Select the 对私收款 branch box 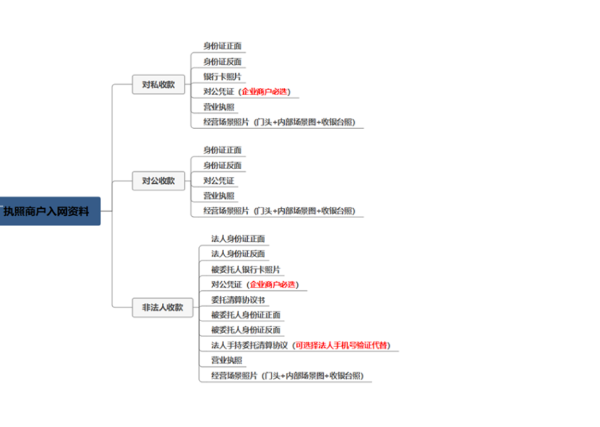point(159,85)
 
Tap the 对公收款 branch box point(159,180)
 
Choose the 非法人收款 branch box point(162,307)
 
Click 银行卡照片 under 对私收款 point(222,77)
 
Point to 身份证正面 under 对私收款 point(222,46)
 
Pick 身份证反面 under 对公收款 point(222,165)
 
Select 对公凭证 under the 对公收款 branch point(219,180)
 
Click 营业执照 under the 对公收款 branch point(219,196)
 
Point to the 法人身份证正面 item point(239,238)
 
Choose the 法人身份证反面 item point(239,253)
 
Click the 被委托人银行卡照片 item point(246,269)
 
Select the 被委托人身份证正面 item point(246,315)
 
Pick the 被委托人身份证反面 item point(246,330)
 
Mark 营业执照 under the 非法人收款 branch point(227,360)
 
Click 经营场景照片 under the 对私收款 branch point(226,122)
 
